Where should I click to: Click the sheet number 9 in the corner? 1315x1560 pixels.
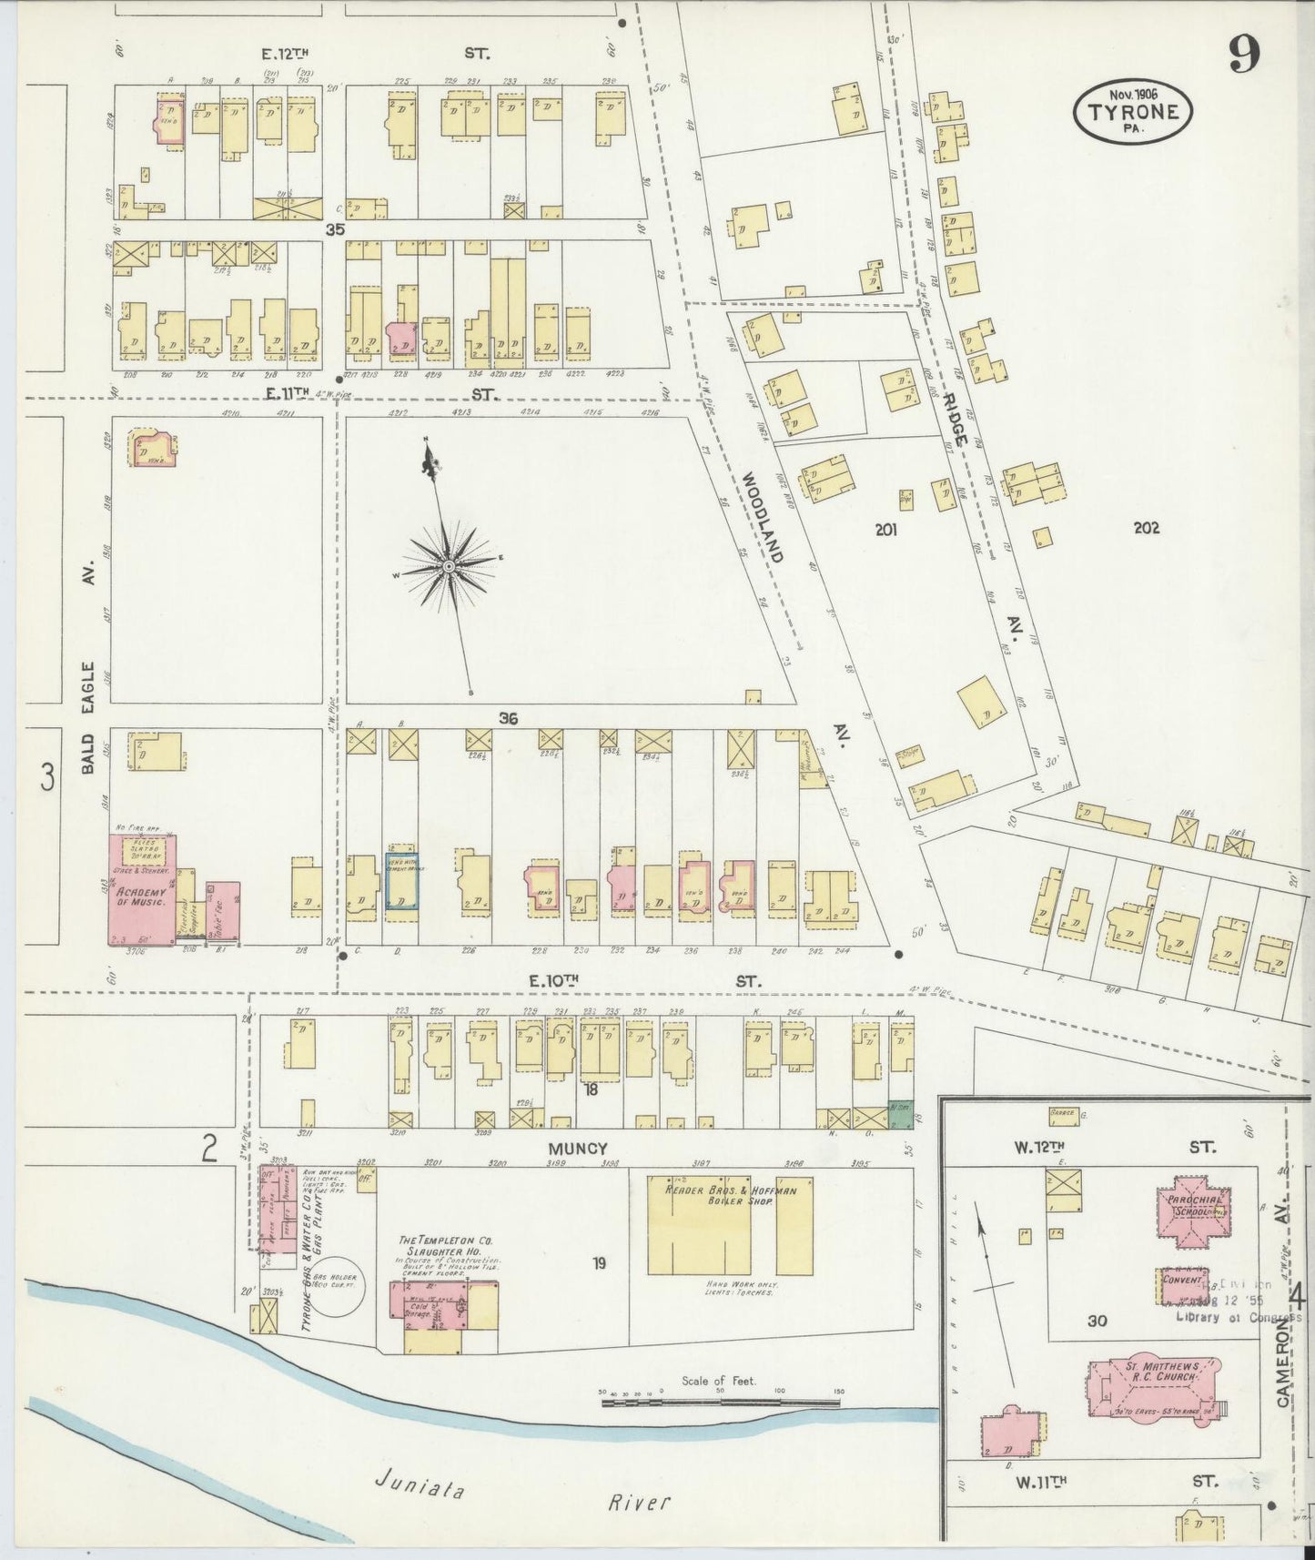[1244, 56]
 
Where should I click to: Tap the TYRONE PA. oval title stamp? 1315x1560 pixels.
[1133, 111]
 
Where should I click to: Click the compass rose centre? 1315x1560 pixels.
[449, 567]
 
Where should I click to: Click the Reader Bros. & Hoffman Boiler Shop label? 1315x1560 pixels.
[731, 1196]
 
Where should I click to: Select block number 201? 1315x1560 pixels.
[886, 530]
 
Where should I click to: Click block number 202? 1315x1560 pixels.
[1146, 527]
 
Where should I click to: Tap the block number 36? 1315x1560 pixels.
[508, 719]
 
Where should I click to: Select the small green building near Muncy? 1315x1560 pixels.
[900, 1116]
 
